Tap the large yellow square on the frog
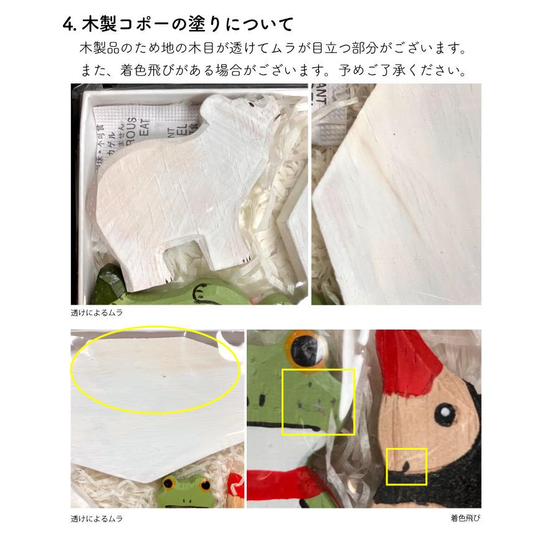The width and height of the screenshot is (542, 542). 318,402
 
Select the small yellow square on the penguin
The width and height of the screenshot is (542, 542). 406,467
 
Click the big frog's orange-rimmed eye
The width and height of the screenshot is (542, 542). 307,349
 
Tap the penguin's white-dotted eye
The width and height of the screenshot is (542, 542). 446,412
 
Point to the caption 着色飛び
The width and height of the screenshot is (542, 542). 466,518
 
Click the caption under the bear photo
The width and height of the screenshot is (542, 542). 97,313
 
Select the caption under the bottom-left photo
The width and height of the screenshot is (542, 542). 97,518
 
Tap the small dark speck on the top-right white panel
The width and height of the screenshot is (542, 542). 394,132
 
